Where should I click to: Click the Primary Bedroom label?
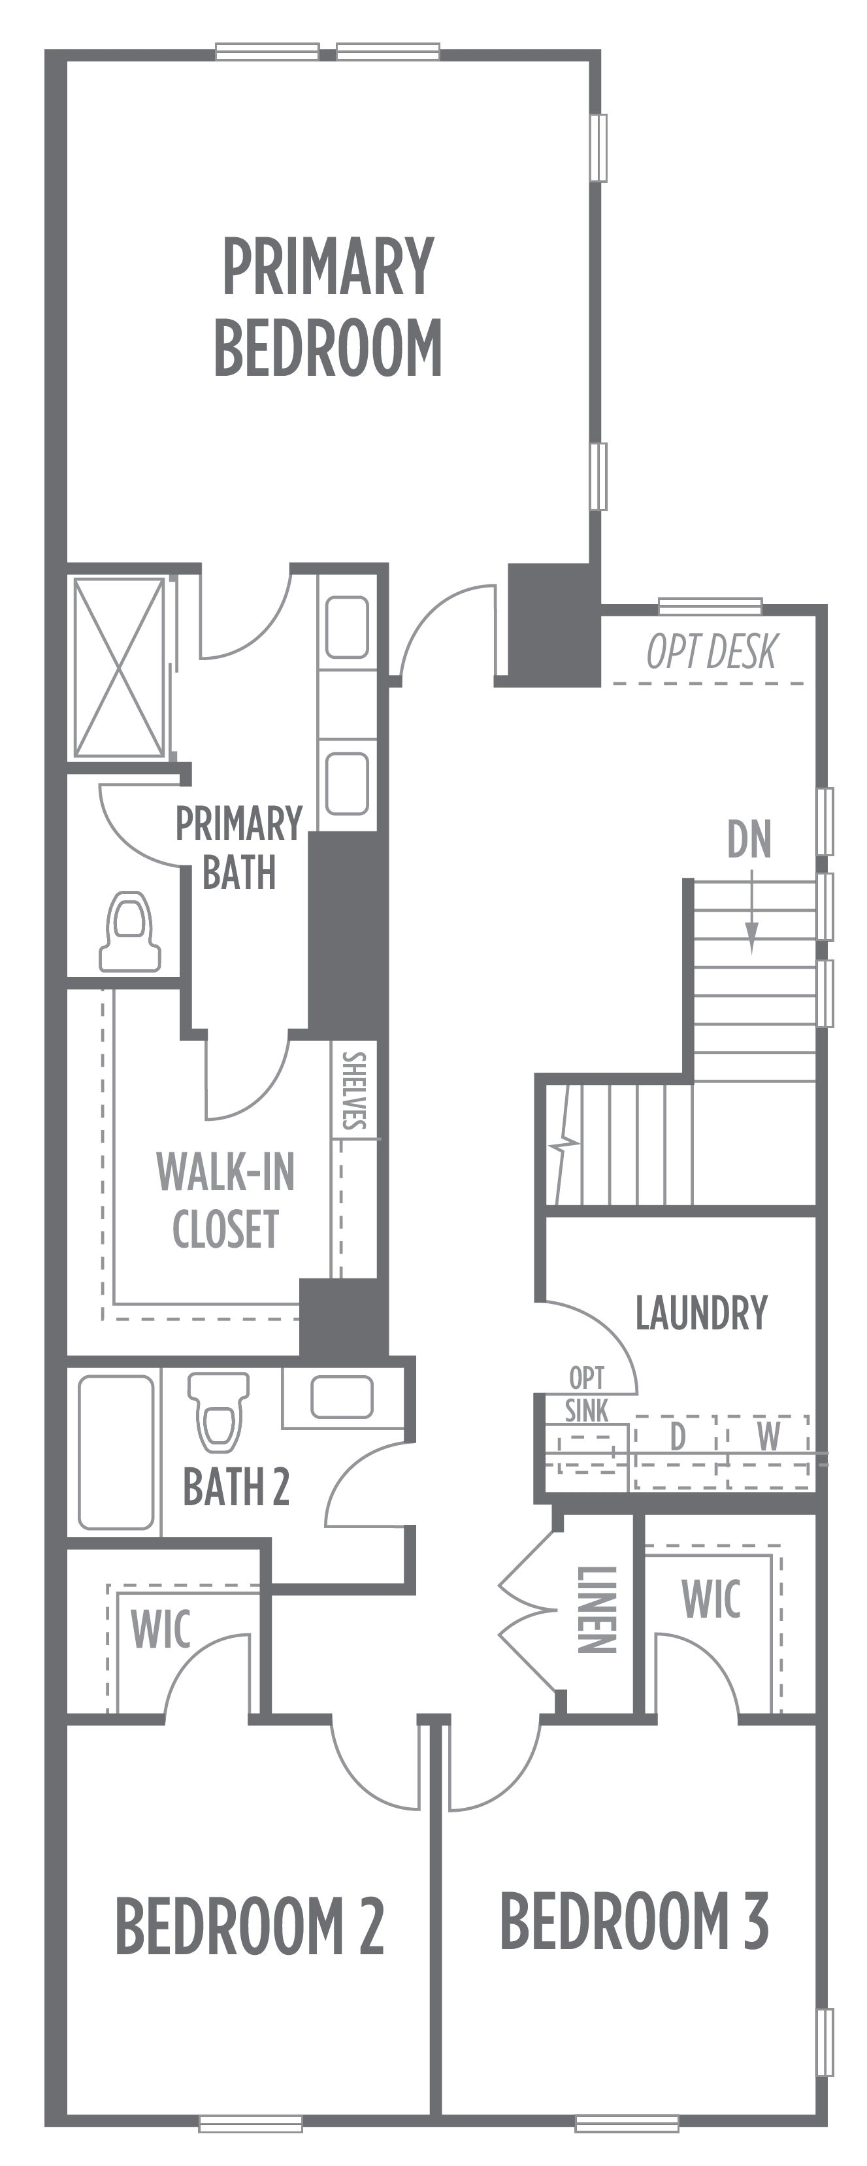(328, 307)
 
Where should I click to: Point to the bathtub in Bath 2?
(116, 1451)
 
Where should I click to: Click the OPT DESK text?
(712, 652)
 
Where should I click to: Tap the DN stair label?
(749, 839)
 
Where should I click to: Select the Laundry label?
(701, 1312)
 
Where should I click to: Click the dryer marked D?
(677, 1452)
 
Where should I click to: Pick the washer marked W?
(767, 1452)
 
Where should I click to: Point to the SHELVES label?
(354, 1091)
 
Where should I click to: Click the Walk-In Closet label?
(225, 1200)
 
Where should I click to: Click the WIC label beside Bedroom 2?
(161, 1629)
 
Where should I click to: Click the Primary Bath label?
(239, 848)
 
